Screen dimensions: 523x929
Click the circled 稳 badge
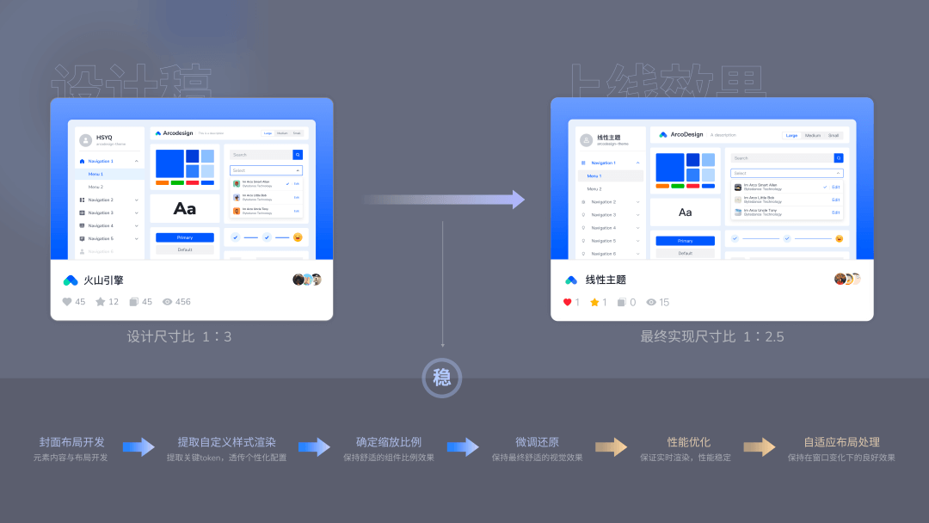441,378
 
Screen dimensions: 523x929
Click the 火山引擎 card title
103,280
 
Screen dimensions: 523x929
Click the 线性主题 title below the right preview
606,280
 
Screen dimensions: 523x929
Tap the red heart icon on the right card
568,302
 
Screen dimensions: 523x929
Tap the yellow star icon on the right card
594,302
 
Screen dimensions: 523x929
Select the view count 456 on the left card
182,302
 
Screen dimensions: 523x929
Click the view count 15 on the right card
664,302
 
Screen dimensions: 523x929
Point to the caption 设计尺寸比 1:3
179,336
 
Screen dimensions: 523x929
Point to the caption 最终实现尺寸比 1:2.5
712,336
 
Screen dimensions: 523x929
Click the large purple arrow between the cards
444,200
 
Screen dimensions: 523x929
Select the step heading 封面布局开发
71,442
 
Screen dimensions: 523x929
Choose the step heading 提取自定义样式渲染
226,442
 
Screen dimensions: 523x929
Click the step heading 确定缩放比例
389,442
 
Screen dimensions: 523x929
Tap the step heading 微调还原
537,442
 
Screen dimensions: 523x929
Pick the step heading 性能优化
688,442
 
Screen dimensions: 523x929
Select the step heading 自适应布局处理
841,442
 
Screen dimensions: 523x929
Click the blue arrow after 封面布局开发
138,447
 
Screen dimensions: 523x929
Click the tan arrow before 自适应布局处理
760,447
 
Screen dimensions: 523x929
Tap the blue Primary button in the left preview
184,237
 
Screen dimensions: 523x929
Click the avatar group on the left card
307,280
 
